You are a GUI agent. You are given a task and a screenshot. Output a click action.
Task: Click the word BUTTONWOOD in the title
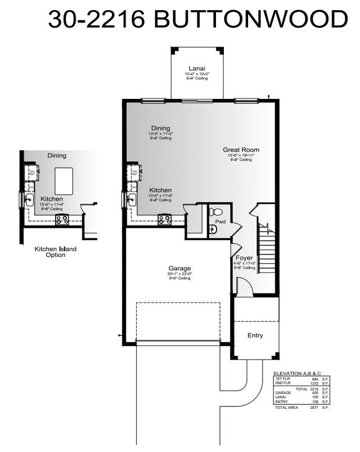tap(250, 20)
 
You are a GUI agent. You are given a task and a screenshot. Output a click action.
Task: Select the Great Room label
tap(241, 150)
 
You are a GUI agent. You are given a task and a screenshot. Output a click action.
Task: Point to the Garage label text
tap(180, 268)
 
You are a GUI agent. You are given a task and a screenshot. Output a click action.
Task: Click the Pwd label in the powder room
tap(220, 222)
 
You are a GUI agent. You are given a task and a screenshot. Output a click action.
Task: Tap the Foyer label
tap(244, 258)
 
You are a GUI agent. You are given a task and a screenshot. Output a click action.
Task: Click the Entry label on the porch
tap(255, 336)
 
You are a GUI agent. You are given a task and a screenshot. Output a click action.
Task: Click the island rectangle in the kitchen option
tap(62, 183)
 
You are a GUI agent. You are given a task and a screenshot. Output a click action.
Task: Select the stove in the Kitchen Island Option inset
tap(61, 219)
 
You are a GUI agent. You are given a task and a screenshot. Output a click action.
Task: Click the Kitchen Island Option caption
tap(56, 252)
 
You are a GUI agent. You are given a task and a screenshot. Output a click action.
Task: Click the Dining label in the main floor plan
tap(161, 128)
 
